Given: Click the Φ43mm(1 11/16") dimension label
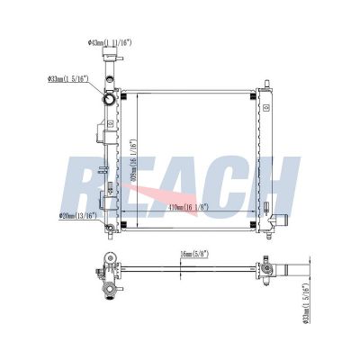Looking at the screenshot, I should [110, 42].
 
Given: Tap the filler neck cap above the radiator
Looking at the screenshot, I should [111, 65].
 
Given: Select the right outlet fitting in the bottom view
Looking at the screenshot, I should [270, 269].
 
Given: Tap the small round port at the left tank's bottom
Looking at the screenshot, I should [108, 228].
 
